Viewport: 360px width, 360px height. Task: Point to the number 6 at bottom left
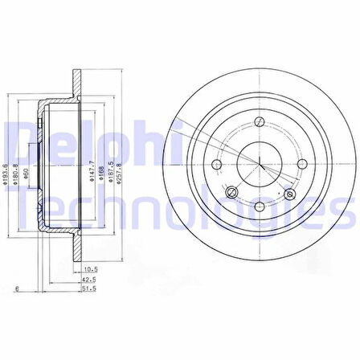(x=17, y=287)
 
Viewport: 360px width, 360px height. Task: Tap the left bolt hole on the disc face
(x=215, y=165)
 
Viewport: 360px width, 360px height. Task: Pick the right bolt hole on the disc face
(x=302, y=165)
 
